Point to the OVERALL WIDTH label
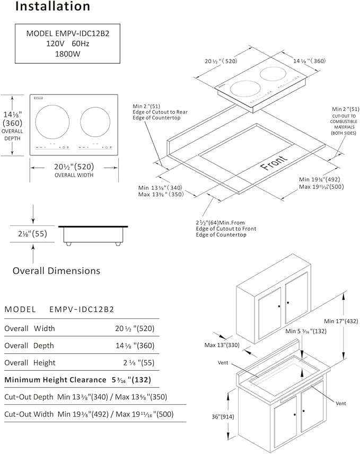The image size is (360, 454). (74, 175)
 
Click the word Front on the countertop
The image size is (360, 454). (275, 163)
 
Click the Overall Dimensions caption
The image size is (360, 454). (56, 270)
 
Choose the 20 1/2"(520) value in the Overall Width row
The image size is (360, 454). (135, 328)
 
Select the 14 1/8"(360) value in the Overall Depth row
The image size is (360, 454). (135, 345)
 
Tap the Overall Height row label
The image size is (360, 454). (30, 363)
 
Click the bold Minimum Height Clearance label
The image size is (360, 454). (56, 380)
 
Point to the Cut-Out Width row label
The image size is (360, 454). (29, 414)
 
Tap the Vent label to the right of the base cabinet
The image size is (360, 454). (340, 404)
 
